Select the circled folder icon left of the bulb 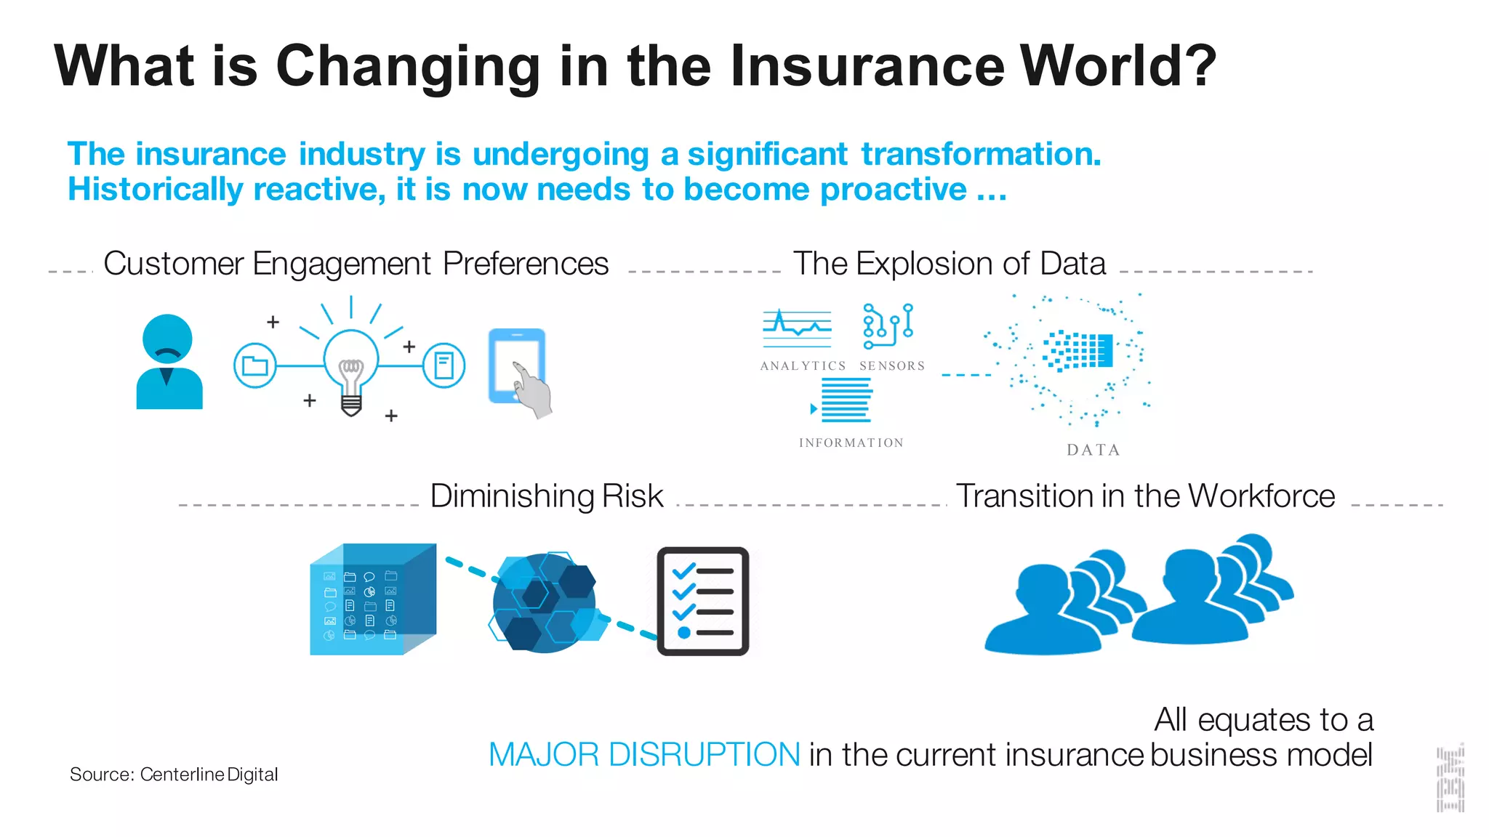254,365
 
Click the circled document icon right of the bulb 444,365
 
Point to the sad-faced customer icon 169,361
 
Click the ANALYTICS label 803,366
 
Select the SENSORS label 892,366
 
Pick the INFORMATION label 851,443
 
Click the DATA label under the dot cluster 1093,450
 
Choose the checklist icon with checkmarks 702,602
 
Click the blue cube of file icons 372,600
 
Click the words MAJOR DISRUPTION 644,755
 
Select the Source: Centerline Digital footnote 174,775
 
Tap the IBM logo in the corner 1450,779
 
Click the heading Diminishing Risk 547,496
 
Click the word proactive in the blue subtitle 894,190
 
